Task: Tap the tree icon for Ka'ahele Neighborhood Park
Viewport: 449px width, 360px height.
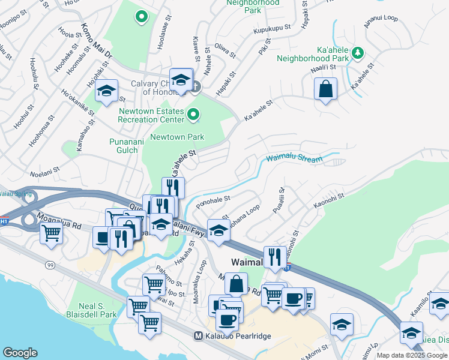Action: (x=358, y=53)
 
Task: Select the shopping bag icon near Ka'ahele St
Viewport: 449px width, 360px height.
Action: (x=325, y=89)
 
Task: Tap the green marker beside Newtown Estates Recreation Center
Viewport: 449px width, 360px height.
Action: (x=193, y=113)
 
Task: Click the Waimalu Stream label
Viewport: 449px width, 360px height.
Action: (x=294, y=158)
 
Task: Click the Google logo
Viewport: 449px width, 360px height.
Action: (x=20, y=353)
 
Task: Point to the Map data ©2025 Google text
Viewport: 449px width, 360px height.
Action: (x=412, y=355)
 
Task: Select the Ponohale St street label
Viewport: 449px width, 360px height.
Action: (x=213, y=199)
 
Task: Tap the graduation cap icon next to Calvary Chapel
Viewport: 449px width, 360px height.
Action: (x=180, y=79)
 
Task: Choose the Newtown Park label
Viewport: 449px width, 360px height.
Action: (x=177, y=137)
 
